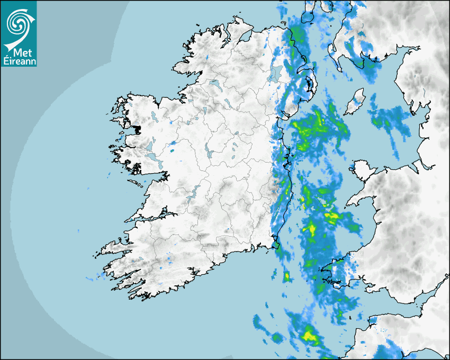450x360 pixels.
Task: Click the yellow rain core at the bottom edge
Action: [x=309, y=335]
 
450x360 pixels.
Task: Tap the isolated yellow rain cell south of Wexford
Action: [x=287, y=276]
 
